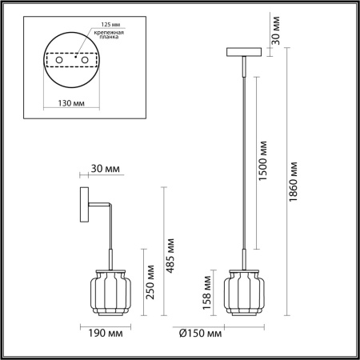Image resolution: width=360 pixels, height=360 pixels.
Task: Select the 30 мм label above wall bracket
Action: (x=106, y=169)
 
